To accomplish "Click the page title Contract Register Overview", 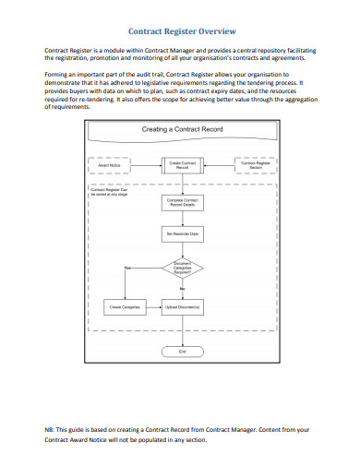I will [x=180, y=31].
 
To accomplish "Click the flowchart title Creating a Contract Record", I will [x=179, y=130].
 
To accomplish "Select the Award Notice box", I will [x=109, y=165].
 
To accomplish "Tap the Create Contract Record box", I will [x=181, y=165].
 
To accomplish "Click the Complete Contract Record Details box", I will [x=181, y=201].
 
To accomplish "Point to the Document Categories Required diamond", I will [x=181, y=269].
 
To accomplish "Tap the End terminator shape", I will [x=181, y=352].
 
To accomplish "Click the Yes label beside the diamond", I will [x=128, y=267].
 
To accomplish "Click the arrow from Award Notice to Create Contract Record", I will [x=144, y=165].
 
